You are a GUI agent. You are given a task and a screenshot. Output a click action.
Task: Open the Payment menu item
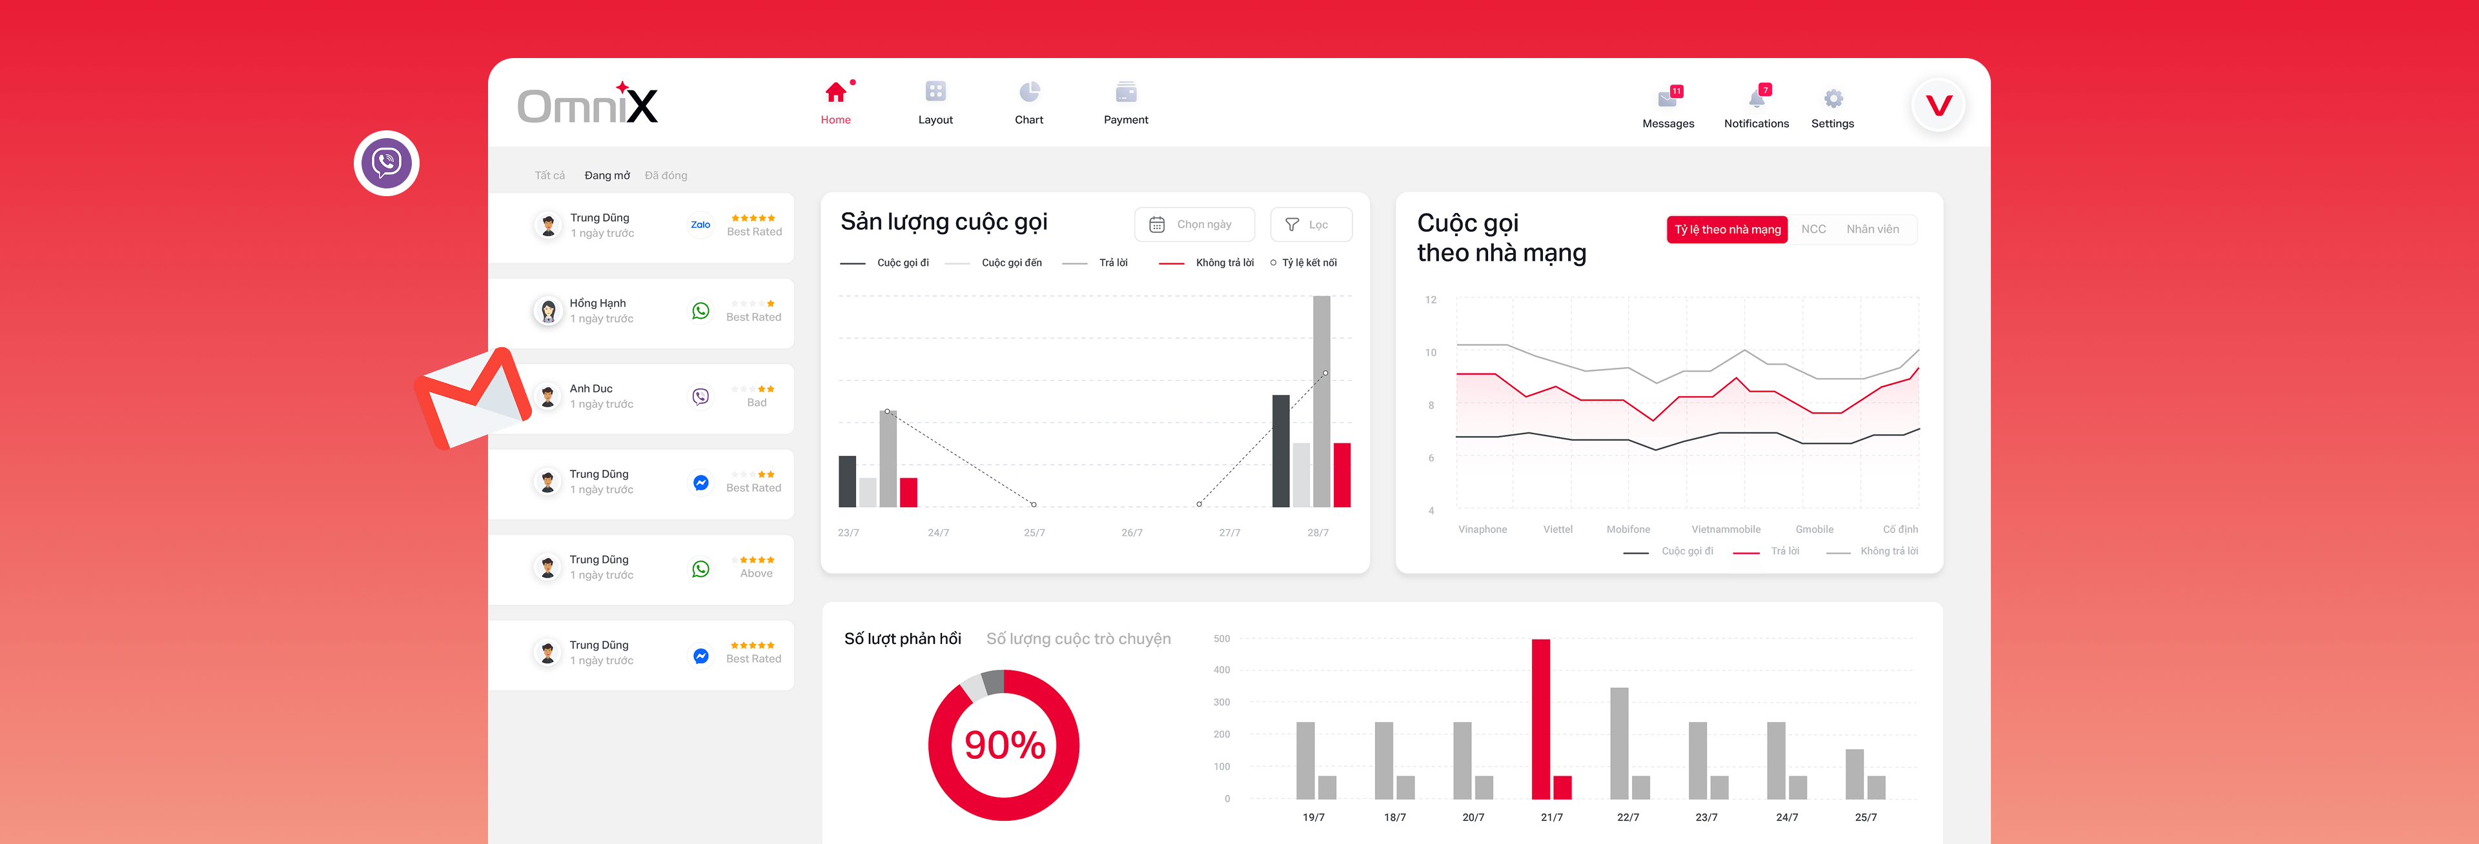pyautogui.click(x=1125, y=103)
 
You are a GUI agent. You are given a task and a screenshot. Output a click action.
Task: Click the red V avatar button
pyautogui.click(x=1938, y=105)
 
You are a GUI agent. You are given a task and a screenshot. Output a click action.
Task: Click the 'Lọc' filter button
pyautogui.click(x=1310, y=225)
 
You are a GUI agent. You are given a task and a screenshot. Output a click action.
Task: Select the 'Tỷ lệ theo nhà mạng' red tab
pyautogui.click(x=1726, y=230)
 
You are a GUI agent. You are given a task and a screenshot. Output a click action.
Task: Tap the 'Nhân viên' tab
pyautogui.click(x=1872, y=230)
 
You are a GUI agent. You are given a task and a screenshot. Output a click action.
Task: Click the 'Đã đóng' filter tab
pyautogui.click(x=666, y=175)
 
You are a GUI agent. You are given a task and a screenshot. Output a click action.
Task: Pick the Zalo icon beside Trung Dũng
pyautogui.click(x=700, y=225)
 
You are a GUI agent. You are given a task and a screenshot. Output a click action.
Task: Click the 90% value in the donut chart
pyautogui.click(x=1004, y=745)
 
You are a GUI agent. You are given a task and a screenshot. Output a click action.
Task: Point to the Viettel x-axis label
pyautogui.click(x=1557, y=529)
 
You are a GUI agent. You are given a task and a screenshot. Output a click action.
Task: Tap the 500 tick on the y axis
pyautogui.click(x=1221, y=639)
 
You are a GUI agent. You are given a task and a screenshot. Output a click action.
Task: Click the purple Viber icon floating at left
pyautogui.click(x=386, y=163)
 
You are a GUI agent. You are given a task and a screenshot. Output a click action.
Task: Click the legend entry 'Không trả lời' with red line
pyautogui.click(x=1223, y=263)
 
